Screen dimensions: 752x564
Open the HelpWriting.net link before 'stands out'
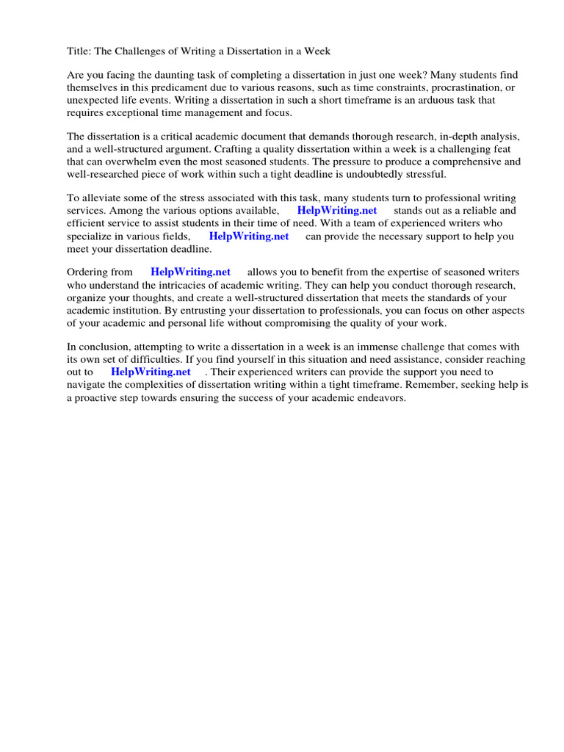(337, 211)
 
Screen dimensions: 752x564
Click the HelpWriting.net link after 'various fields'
(249, 236)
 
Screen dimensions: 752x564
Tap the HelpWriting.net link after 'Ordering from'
(190, 272)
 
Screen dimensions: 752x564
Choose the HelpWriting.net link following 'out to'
(151, 372)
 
